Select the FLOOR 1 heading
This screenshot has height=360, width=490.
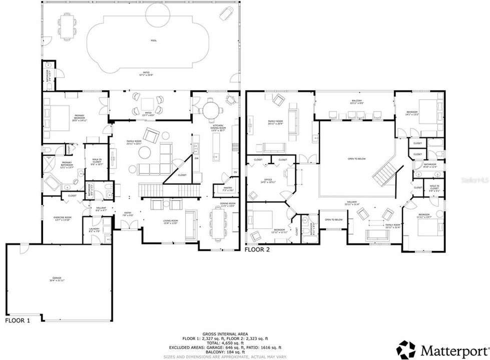tap(18, 320)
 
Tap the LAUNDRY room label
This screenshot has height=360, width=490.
tap(94, 230)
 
